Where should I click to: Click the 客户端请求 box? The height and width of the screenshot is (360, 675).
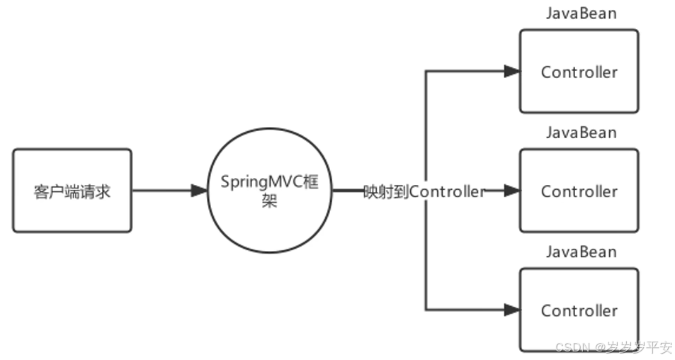72,191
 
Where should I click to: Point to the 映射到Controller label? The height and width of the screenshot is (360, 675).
424,191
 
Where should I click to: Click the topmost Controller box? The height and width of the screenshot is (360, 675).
579,71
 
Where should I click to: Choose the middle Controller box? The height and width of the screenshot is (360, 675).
579,191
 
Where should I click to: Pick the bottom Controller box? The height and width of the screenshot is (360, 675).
579,310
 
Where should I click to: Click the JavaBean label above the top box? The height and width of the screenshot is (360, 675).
581,13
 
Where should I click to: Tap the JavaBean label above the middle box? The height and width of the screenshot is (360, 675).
581,133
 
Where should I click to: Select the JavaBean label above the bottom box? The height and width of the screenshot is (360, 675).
581,252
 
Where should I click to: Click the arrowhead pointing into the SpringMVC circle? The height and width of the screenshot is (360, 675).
198,191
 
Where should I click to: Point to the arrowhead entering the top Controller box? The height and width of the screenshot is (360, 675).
511,71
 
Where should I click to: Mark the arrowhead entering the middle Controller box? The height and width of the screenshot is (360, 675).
511,191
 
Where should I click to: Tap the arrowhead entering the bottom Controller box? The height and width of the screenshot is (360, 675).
511,310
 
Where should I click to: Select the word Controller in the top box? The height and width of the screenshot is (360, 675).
579,72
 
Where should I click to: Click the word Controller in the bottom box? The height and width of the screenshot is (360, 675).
579,310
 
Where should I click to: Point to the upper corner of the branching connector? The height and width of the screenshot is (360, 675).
426,71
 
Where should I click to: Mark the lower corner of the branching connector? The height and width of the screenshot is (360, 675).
426,310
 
